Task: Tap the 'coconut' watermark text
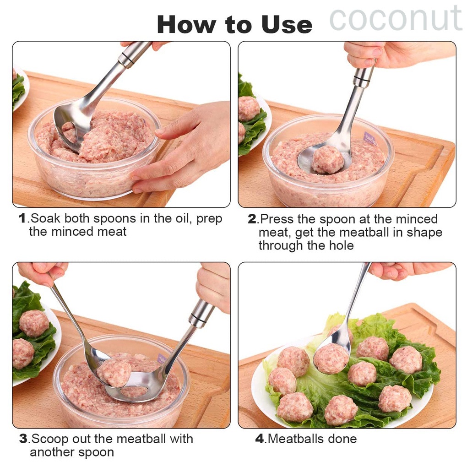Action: click(396, 19)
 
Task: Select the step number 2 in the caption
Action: click(252, 219)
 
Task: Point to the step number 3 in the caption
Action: click(23, 439)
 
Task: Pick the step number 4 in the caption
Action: click(260, 439)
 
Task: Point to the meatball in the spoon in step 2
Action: click(328, 160)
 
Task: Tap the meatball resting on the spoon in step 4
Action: click(331, 358)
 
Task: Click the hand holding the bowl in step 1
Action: click(188, 147)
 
